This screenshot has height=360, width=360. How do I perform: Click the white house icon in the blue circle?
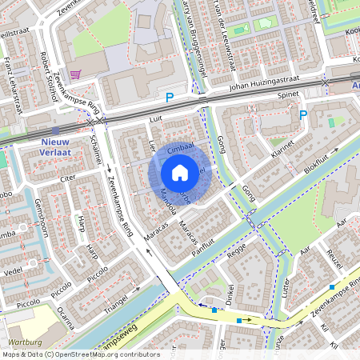[180, 172]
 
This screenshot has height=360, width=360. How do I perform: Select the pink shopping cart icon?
[75, 74]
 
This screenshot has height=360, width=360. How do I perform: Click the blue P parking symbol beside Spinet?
[303, 115]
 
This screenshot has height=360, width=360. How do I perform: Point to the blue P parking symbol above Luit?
[169, 98]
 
